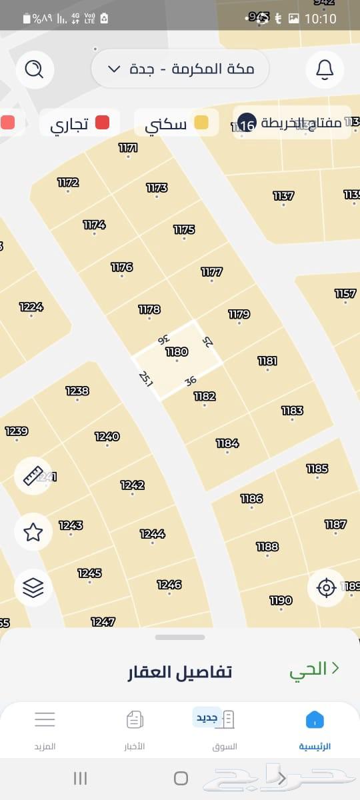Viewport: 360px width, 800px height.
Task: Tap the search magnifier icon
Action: [33, 69]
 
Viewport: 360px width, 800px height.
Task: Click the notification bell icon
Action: [325, 69]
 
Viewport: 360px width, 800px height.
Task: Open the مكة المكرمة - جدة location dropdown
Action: [180, 69]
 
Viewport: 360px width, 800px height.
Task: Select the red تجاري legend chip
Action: [80, 123]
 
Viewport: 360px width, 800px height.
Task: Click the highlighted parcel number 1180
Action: [177, 351]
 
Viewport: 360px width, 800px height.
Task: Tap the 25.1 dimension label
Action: [146, 379]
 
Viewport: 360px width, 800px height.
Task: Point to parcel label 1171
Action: [128, 148]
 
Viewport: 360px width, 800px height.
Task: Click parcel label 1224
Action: [31, 307]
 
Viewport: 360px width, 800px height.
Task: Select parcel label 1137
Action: [283, 195]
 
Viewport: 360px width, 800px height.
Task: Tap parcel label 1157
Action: [345, 293]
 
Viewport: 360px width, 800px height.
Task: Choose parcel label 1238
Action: [77, 391]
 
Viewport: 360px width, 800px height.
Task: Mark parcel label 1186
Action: [251, 498]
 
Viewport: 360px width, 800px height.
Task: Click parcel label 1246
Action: [169, 585]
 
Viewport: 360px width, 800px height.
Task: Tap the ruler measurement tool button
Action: [33, 475]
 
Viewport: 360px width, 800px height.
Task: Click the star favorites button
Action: [33, 531]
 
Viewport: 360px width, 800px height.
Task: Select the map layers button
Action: [33, 587]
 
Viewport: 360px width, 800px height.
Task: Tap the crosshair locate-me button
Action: [326, 587]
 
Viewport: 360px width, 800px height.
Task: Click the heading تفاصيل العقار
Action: [180, 671]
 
